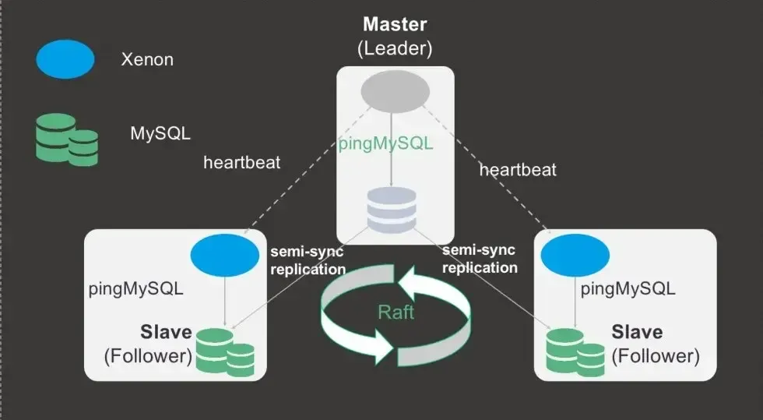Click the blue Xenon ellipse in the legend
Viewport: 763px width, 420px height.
pos(65,59)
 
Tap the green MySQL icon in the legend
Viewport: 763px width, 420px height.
pos(67,139)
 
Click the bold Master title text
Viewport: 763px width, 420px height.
pos(394,25)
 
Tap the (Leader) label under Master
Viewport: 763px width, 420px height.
pos(394,48)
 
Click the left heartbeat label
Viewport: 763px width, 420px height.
pos(242,163)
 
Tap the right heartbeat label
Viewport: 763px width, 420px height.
pos(518,169)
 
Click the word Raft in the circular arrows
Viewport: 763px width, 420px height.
pos(396,312)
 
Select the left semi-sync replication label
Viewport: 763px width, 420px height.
pos(308,260)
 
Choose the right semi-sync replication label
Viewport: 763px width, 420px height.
pos(480,259)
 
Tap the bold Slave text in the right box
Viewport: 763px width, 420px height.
pos(637,332)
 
